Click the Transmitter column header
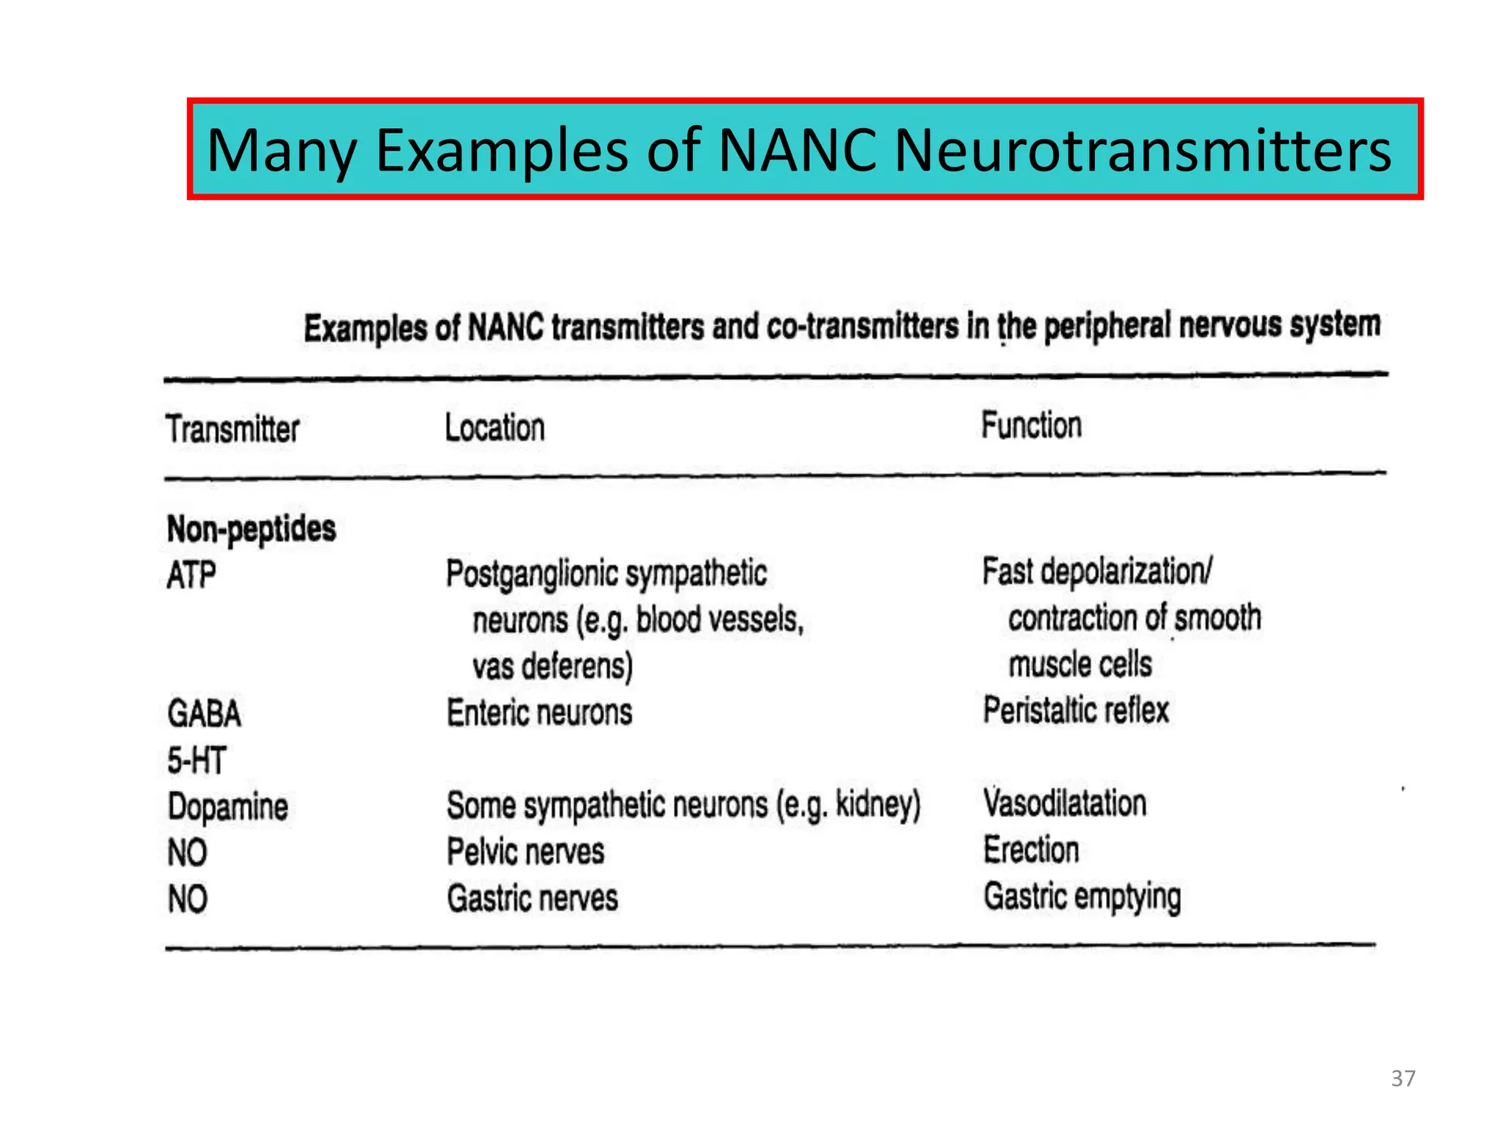(x=233, y=429)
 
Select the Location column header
(x=494, y=427)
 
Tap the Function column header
(x=1031, y=425)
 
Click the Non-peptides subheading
(x=251, y=529)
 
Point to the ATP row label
(x=191, y=575)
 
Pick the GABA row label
(x=204, y=714)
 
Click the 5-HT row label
(x=196, y=760)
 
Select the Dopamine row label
(x=227, y=806)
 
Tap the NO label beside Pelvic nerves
(x=187, y=853)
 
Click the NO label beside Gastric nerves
(x=187, y=899)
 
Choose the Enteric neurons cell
(x=539, y=713)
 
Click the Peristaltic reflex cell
(x=1076, y=711)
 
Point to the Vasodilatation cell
(x=1065, y=803)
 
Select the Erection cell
(x=1031, y=850)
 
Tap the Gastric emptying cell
(x=1082, y=897)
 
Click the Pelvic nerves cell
(x=525, y=852)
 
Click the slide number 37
(x=1403, y=1079)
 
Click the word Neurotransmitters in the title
(x=1142, y=150)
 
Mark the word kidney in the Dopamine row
(x=873, y=804)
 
